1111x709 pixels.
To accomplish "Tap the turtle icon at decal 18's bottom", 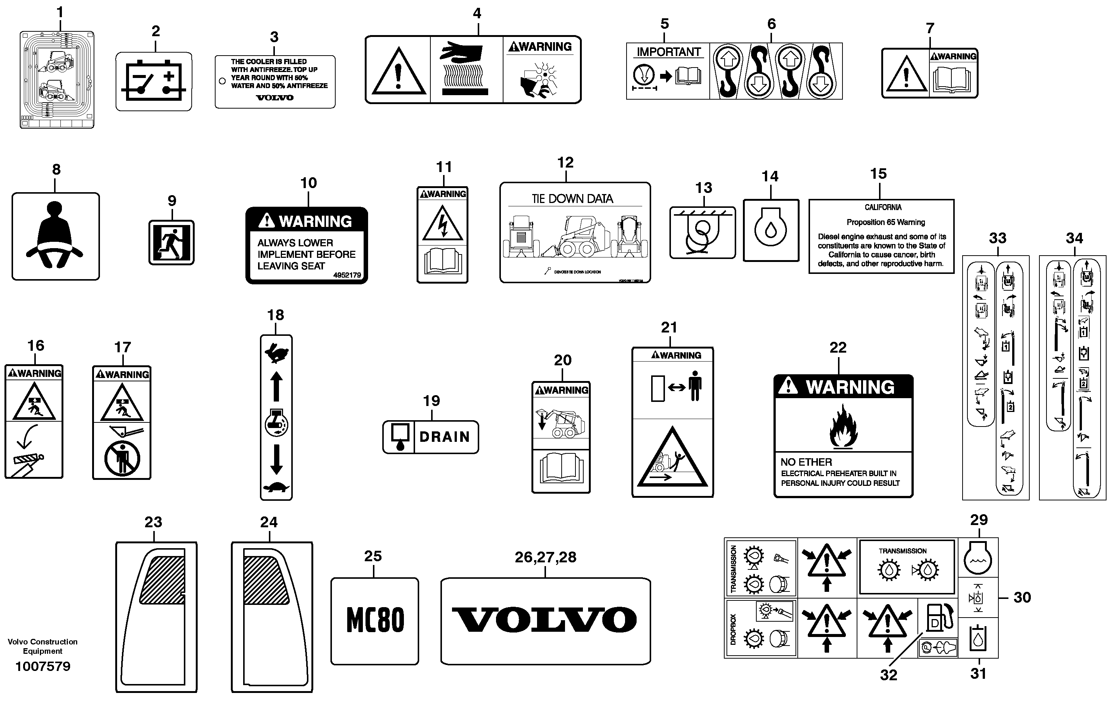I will (276, 487).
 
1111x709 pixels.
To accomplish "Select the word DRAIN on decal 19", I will (444, 437).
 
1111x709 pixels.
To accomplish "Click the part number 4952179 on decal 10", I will (347, 275).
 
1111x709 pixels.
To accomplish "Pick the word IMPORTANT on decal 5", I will (669, 52).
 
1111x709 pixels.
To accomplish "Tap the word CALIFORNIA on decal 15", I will (883, 207).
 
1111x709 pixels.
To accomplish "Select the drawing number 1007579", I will (43, 666).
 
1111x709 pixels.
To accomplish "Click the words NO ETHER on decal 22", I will (806, 462).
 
